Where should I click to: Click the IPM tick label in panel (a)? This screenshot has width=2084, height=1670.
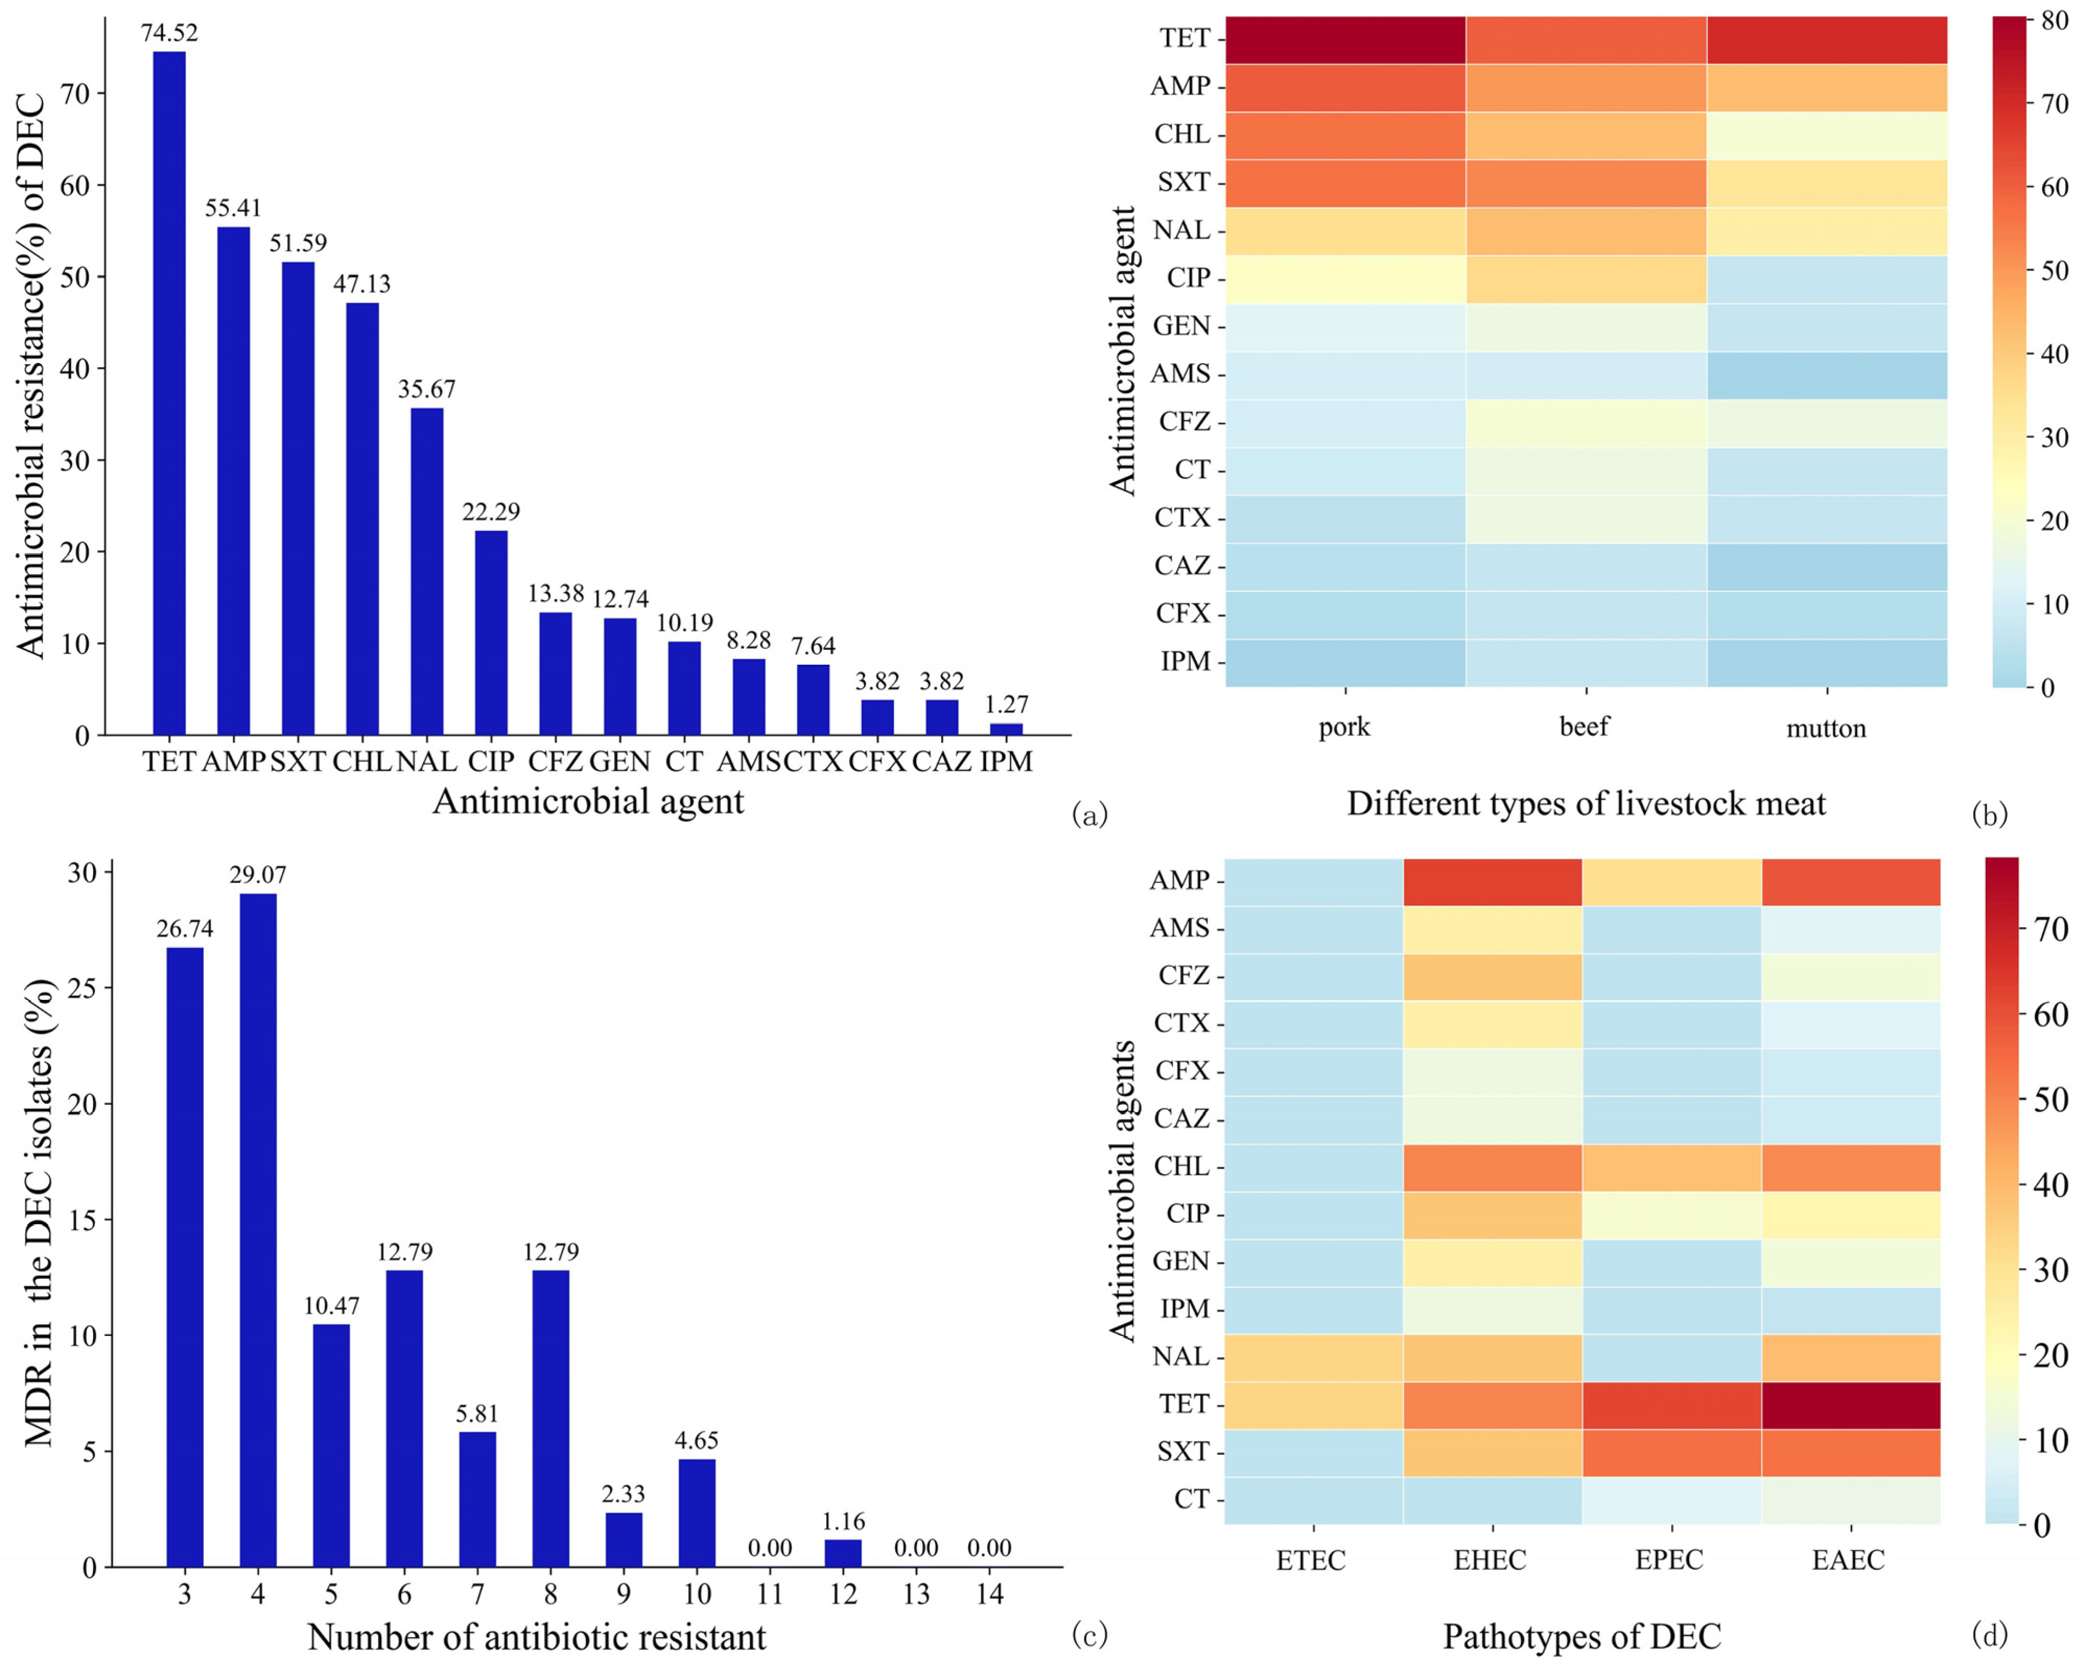pyautogui.click(x=1006, y=762)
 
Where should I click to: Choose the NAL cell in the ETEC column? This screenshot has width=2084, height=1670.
pyautogui.click(x=1313, y=1357)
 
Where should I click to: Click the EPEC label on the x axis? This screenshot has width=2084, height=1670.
pyautogui.click(x=1669, y=1560)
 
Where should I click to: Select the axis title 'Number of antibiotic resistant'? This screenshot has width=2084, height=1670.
pyautogui.click(x=537, y=1637)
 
